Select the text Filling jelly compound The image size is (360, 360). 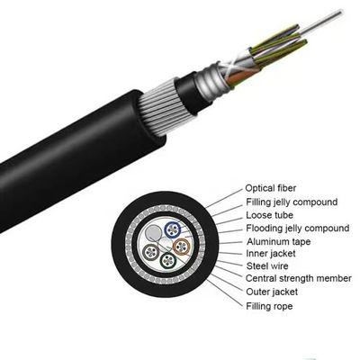point(292,202)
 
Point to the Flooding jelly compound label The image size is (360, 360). point(296,229)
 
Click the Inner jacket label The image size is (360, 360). point(270,256)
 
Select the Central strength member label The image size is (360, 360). point(298,281)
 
